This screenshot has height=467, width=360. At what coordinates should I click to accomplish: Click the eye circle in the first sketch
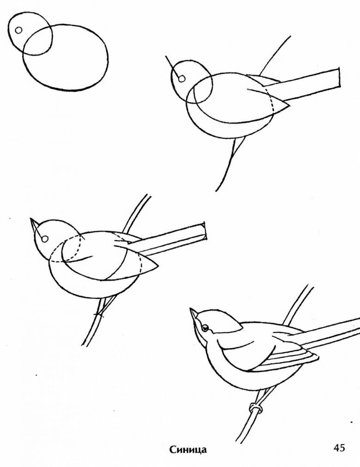[18, 30]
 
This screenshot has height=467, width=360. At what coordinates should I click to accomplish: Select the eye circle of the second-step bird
[182, 78]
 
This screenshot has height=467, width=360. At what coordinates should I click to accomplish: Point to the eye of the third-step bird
[45, 239]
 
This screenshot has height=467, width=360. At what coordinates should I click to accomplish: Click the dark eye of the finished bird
[205, 328]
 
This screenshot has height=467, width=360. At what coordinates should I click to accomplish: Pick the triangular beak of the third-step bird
[35, 224]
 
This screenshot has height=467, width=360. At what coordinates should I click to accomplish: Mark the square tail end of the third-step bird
[204, 231]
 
